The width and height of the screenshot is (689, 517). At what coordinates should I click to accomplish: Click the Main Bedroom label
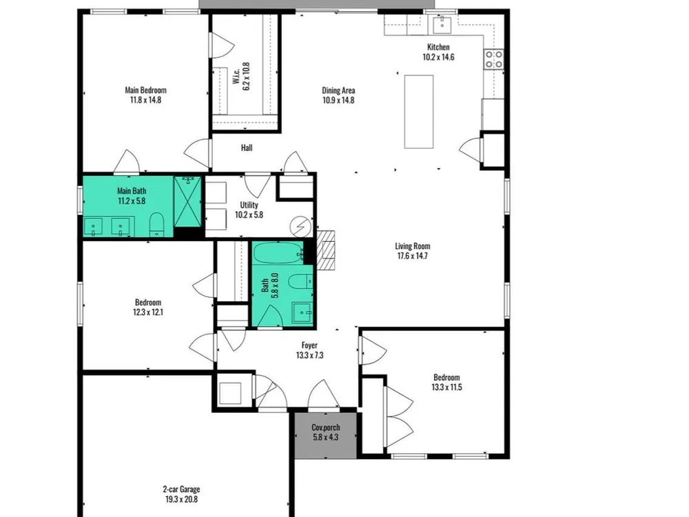click(145, 90)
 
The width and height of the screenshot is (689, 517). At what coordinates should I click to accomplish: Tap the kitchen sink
click(442, 24)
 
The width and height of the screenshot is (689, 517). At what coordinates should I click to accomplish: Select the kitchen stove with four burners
click(494, 59)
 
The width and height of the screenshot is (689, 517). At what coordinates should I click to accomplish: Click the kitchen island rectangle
click(419, 112)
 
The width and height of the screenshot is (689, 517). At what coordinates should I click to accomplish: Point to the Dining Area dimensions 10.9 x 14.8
click(338, 100)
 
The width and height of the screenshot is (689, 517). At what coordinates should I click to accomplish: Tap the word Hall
click(247, 148)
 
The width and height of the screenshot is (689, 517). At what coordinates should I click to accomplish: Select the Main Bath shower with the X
click(187, 202)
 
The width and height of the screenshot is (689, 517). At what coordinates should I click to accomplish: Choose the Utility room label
click(249, 205)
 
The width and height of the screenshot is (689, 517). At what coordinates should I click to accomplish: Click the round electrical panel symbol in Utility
click(300, 227)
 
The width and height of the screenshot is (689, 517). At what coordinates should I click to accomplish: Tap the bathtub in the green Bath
click(278, 253)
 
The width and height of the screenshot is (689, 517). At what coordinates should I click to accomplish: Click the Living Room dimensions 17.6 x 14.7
click(413, 256)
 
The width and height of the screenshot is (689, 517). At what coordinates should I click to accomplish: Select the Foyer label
click(309, 345)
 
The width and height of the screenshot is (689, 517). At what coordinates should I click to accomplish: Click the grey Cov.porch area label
click(326, 427)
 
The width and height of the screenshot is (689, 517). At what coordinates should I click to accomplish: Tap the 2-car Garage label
click(181, 489)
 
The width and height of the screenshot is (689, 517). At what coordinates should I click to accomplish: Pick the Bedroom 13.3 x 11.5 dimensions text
click(446, 387)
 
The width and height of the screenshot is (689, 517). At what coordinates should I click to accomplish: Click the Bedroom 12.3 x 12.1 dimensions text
click(148, 312)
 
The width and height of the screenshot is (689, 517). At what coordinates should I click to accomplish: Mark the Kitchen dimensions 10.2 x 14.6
click(438, 57)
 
